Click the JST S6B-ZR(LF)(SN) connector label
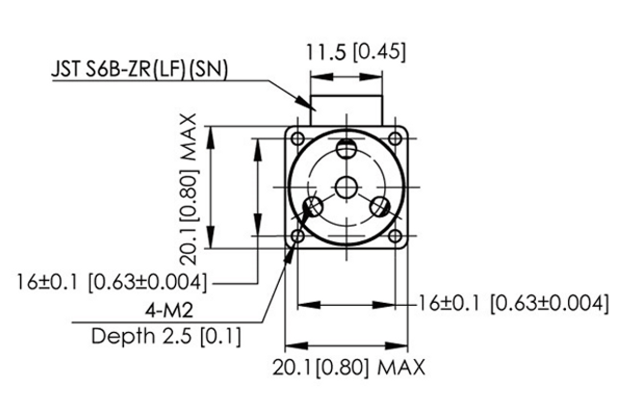[x=139, y=70]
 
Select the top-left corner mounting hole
[x=298, y=138]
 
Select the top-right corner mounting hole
[x=395, y=138]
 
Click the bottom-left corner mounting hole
[x=298, y=237]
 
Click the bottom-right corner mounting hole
[x=395, y=237]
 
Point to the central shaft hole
[x=346, y=187]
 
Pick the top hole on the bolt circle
[x=346, y=150]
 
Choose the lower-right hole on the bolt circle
[x=379, y=207]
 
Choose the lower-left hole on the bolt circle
[x=314, y=207]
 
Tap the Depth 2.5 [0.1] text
[x=166, y=336]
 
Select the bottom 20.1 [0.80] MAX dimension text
[x=349, y=368]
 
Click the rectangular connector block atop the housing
[x=346, y=110]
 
